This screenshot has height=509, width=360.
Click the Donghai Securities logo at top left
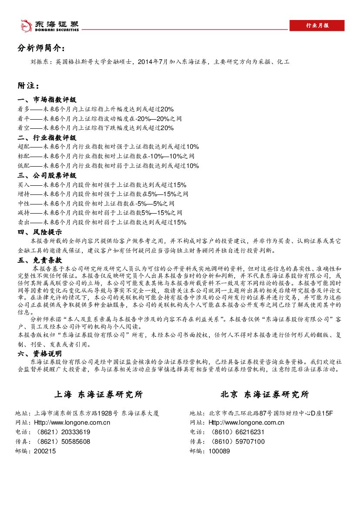click(50, 26)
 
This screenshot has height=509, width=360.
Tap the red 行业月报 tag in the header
click(317, 26)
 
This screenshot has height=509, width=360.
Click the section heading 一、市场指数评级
click(47, 100)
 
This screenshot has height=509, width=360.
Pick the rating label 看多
click(24, 109)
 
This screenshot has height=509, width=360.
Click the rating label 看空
click(24, 128)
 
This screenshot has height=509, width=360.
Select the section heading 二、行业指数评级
click(47, 138)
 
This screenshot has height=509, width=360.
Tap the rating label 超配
click(24, 147)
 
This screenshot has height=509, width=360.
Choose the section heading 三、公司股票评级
click(47, 176)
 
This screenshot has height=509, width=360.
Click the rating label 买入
click(24, 184)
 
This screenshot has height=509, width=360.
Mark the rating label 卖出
click(24, 222)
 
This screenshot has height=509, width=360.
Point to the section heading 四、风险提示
click(40, 232)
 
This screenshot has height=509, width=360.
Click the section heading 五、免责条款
click(40, 260)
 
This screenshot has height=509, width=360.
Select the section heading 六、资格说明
click(40, 353)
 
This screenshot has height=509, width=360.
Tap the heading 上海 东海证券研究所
click(98, 395)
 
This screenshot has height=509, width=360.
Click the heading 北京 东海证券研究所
click(265, 395)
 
